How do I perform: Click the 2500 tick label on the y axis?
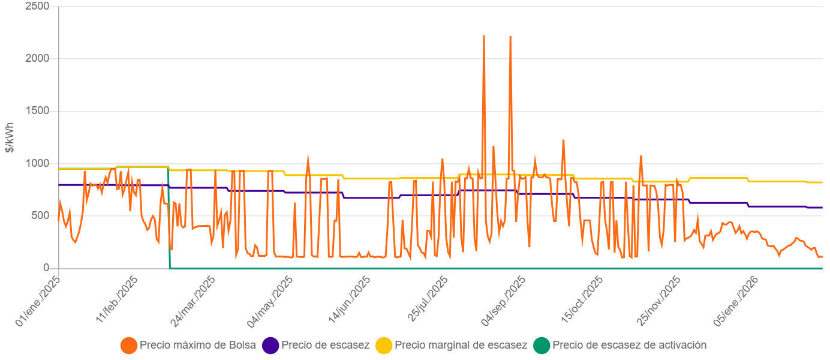pos(38,6)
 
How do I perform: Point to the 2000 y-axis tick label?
pos(38,58)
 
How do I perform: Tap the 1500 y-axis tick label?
pos(38,111)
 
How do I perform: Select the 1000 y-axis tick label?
pos(38,163)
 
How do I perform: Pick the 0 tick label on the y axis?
pos(46,268)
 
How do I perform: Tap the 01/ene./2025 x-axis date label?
pos(38,302)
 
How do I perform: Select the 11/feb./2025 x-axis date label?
pos(116,302)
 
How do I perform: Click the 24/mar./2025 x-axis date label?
pos(193,302)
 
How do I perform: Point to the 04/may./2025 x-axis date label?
pos(270,302)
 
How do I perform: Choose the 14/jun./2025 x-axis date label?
pos(348,302)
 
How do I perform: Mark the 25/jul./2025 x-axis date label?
pos(426,302)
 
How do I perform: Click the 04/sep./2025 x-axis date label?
pos(504,302)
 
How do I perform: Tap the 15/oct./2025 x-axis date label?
pos(581,302)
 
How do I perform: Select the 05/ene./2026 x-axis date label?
pos(735,302)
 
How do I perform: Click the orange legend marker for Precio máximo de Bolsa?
pos(129,346)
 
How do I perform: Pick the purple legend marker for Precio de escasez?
pos(271,346)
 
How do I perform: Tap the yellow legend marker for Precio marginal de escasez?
pos(384,346)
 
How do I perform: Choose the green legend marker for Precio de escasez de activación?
pos(542,346)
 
